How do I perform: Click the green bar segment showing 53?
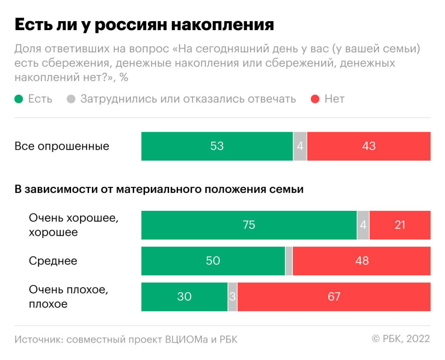pos(217,146)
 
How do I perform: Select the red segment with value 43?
pos(369,146)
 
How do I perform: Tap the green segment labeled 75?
pos(249,225)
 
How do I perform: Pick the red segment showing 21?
pos(400,225)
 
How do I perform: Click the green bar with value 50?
pos(213,261)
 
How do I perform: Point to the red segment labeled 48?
pos(362,261)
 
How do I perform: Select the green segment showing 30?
pos(184,297)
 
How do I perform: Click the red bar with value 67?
pos(334,297)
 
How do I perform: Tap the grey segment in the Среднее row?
pos(289,261)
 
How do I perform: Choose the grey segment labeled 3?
pos(233,297)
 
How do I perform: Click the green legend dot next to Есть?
pos(19,99)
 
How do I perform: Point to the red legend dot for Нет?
pos(316,99)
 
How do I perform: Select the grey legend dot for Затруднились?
pos(71,99)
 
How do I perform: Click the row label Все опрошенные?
pos(62,146)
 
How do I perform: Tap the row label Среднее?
pos(53,261)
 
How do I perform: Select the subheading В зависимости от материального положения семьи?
pos(159,190)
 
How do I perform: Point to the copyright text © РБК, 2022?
pos(401,339)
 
